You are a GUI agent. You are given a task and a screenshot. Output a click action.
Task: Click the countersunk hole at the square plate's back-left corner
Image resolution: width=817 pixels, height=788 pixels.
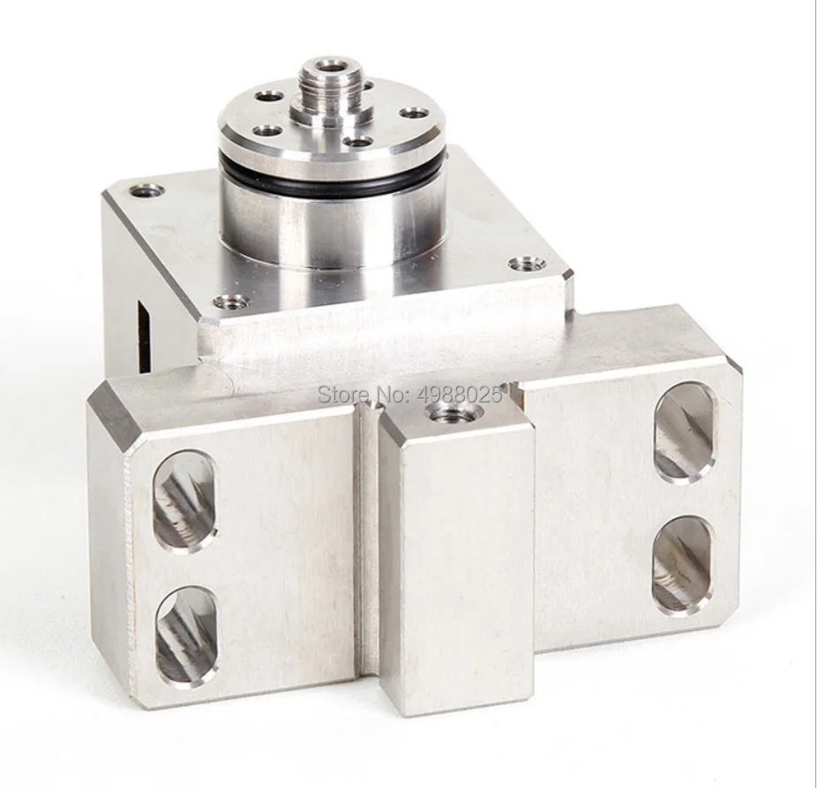click(x=145, y=190)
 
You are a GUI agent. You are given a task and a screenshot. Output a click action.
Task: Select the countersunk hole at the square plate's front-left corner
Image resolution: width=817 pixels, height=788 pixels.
click(x=229, y=301)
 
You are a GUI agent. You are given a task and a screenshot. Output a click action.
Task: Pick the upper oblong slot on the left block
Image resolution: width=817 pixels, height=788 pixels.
click(x=185, y=502)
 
